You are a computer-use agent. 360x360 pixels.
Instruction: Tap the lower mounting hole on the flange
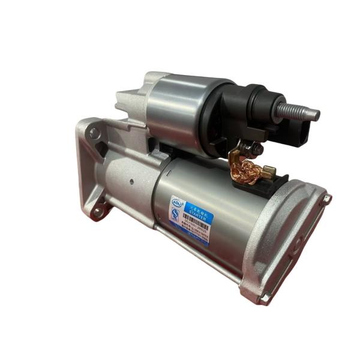tap(98, 211)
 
